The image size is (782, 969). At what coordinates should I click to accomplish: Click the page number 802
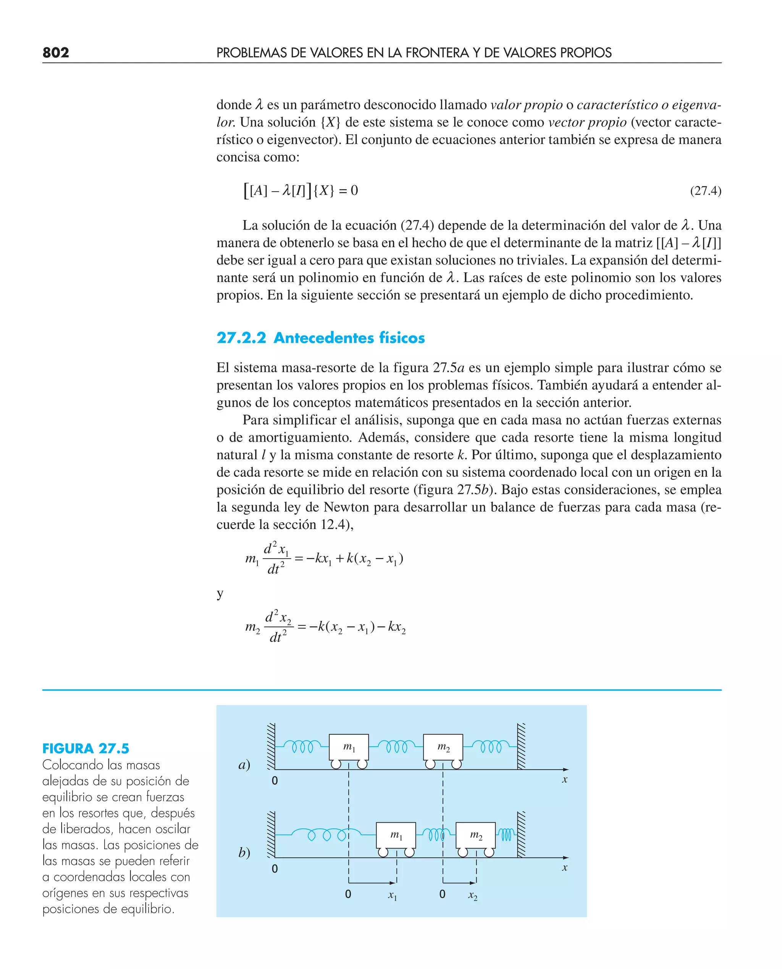click(x=55, y=53)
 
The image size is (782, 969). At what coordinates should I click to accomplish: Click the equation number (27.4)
click(x=705, y=191)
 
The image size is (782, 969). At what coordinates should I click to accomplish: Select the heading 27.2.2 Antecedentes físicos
click(x=320, y=337)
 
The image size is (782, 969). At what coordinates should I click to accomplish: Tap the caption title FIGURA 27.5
click(x=86, y=749)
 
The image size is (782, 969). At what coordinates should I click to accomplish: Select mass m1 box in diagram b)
click(x=396, y=835)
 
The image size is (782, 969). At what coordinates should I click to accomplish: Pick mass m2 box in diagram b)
click(x=476, y=835)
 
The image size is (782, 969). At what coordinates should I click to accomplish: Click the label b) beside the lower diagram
click(x=244, y=852)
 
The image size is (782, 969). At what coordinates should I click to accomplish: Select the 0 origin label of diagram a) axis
click(x=275, y=781)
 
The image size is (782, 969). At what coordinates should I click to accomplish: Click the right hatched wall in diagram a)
click(x=521, y=746)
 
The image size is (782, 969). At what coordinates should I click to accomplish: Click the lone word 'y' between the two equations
click(x=220, y=593)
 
